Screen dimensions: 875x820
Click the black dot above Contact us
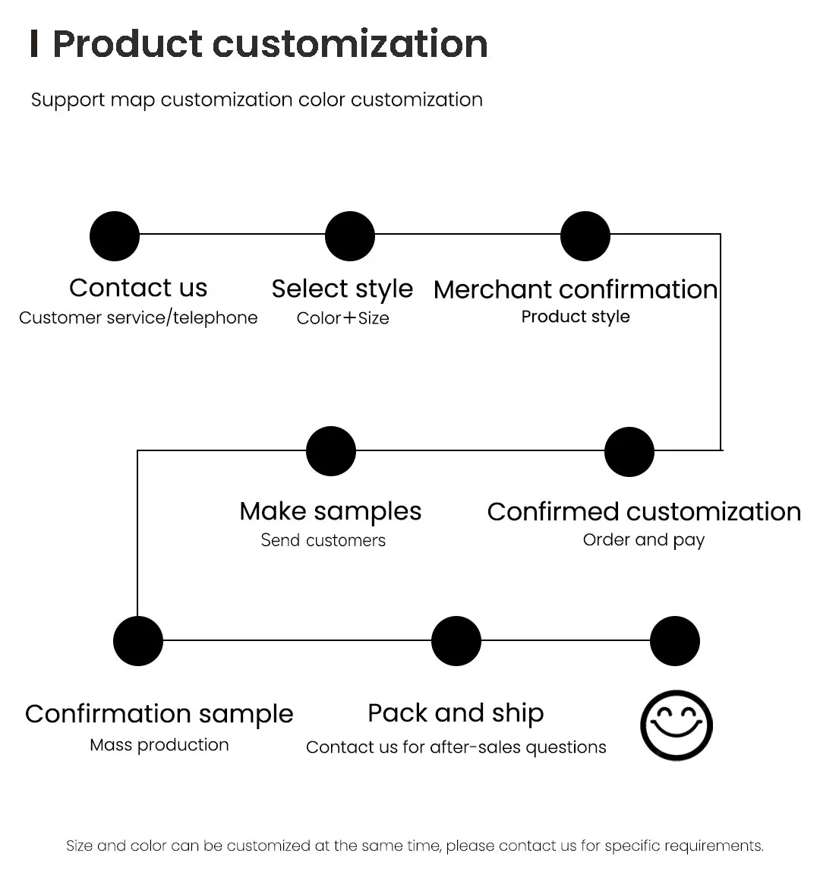pos(115,236)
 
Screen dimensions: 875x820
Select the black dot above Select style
pos(350,236)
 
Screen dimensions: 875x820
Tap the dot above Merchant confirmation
pos(585,236)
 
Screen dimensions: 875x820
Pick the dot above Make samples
pos(331,452)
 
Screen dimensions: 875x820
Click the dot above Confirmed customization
pos(629,452)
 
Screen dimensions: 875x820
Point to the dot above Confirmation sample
pos(138,641)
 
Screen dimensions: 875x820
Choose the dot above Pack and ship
pos(456,641)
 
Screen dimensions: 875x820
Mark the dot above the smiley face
pos(676,641)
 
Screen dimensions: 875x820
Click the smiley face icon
pos(676,725)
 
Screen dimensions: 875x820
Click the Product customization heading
pos(270,44)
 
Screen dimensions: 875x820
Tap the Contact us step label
pos(138,288)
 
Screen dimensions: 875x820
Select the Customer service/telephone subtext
pos(138,317)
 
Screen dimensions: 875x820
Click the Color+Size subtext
pos(342,318)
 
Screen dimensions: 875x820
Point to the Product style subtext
pos(576,317)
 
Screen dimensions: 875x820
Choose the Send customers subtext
pos(323,540)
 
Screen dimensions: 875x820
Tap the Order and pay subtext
pos(644,540)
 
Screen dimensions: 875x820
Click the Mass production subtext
pos(159,745)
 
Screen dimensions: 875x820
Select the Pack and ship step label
pos(456,713)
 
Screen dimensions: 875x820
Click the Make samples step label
pos(330,512)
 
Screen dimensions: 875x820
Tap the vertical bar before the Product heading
pos(34,44)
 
